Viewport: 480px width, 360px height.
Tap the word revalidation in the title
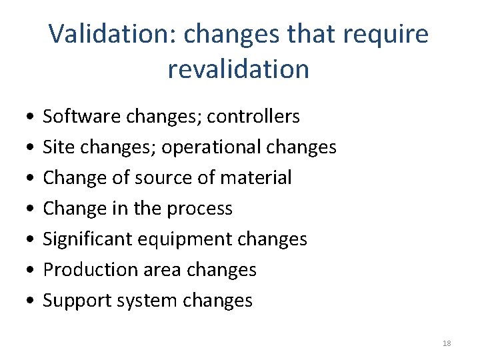coord(239,69)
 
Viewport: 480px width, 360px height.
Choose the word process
coord(199,209)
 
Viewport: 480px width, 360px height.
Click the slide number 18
coord(447,343)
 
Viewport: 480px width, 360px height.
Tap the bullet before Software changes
coord(23,117)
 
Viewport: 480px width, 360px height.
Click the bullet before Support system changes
coord(23,301)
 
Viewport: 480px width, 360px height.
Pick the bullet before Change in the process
coord(23,209)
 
